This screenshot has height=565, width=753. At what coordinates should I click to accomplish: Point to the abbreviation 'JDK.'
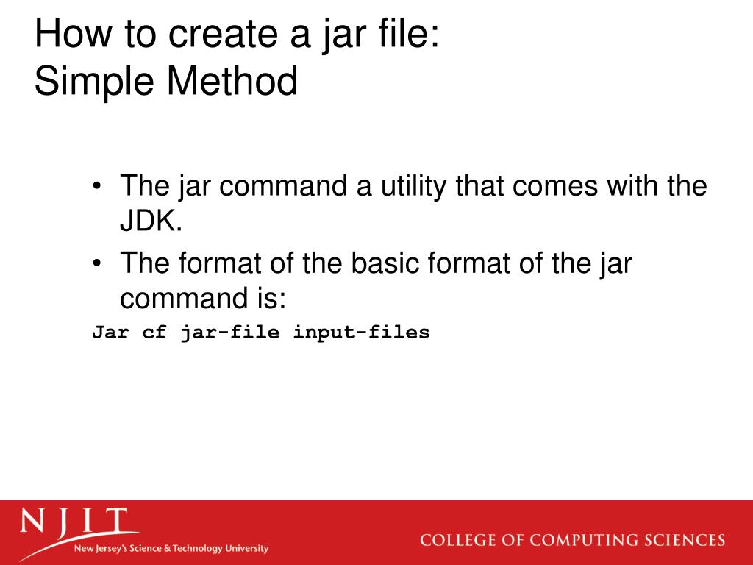pyautogui.click(x=151, y=221)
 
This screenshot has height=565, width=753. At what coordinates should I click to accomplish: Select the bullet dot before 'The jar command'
pyautogui.click(x=98, y=186)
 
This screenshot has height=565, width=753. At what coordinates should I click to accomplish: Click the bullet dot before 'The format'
pyautogui.click(x=98, y=263)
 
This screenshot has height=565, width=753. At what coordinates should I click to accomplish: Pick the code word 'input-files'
pyautogui.click(x=361, y=332)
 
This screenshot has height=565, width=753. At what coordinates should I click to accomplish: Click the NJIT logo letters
pyautogui.click(x=74, y=523)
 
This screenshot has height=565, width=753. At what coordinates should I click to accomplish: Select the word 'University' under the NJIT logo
pyautogui.click(x=246, y=549)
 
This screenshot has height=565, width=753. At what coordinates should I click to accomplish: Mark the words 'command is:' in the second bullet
pyautogui.click(x=202, y=298)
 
